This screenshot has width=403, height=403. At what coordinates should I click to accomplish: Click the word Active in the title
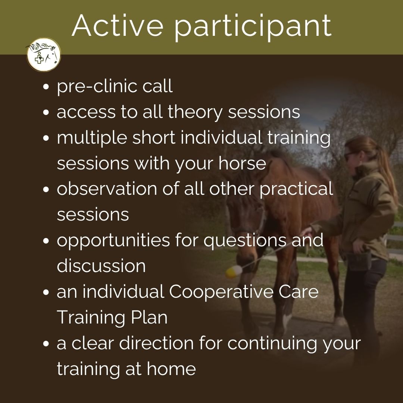118,26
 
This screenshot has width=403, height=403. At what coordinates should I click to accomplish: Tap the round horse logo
43,54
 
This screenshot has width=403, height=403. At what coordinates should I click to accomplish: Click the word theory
195,112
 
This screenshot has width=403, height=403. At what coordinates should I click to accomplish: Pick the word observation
107,189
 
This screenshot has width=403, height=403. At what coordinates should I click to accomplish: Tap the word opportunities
113,241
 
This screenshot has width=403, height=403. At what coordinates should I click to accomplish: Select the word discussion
101,266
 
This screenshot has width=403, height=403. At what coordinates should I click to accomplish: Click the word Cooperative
221,292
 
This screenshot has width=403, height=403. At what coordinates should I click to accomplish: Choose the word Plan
149,318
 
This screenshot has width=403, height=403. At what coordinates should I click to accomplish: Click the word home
171,369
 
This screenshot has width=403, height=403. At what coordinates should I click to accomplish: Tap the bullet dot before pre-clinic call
46,87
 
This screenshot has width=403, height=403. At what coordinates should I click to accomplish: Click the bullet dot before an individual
46,293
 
